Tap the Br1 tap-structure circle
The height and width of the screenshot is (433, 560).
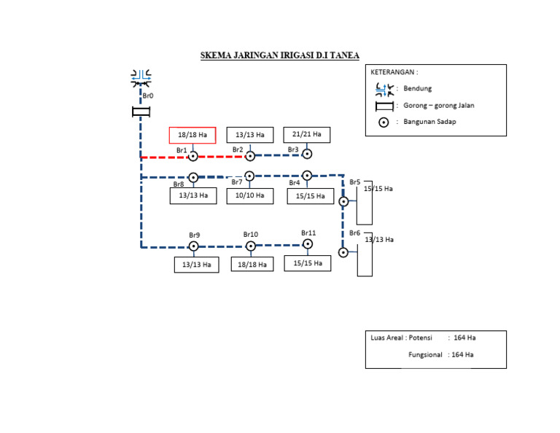click(x=192, y=156)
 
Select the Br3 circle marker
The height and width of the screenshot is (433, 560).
click(x=307, y=154)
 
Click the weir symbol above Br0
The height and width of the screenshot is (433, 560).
click(x=141, y=79)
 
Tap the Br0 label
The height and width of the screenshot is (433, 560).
click(x=148, y=95)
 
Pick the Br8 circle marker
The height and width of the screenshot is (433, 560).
click(x=193, y=177)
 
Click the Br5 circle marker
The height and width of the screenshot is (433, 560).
click(x=343, y=202)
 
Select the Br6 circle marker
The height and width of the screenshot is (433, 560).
click(x=343, y=252)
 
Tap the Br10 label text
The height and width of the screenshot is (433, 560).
click(x=251, y=235)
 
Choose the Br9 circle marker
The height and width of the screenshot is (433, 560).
click(x=193, y=246)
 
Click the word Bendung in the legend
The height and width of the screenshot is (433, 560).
click(x=418, y=88)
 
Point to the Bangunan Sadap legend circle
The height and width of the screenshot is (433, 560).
click(x=384, y=122)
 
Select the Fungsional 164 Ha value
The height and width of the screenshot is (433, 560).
click(x=462, y=355)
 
